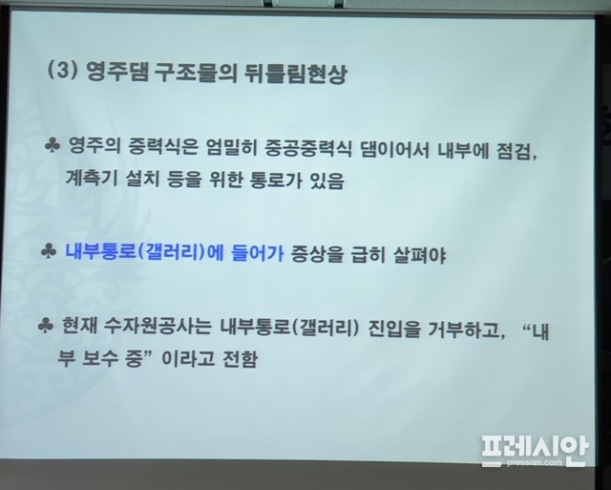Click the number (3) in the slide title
(x=62, y=71)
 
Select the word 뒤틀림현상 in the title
(x=295, y=73)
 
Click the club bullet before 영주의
(x=53, y=145)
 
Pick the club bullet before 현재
(x=46, y=325)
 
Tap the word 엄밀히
(x=231, y=147)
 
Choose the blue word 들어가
(x=258, y=253)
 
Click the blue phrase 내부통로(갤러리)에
(x=144, y=252)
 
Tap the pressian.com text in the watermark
(x=535, y=462)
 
